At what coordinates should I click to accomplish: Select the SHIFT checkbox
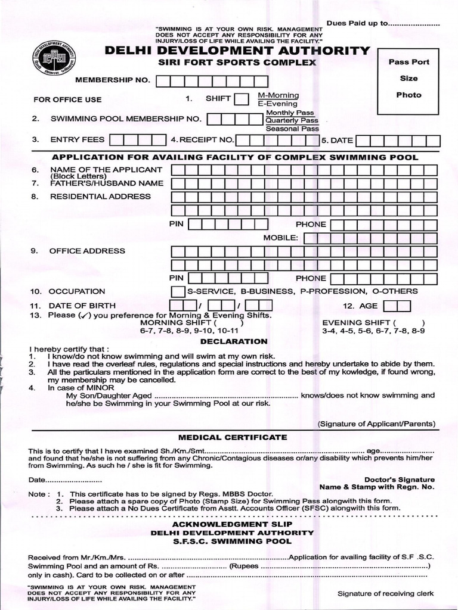(242, 99)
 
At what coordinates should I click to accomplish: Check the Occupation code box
(178, 291)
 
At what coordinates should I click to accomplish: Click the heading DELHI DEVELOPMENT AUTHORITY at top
(237, 51)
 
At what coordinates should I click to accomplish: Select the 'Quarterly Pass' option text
(292, 120)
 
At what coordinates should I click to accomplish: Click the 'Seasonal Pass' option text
(292, 129)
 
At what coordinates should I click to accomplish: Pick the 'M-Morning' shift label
(278, 95)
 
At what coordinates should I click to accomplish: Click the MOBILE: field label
(280, 238)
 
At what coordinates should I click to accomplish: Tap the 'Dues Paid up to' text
(357, 24)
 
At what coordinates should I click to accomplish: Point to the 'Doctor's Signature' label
(399, 480)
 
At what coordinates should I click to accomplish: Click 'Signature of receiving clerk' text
(385, 593)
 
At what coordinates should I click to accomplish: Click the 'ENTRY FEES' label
(77, 139)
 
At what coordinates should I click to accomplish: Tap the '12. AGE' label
(360, 306)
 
